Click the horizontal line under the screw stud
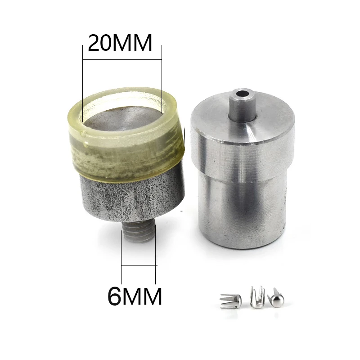(x=139, y=266)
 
